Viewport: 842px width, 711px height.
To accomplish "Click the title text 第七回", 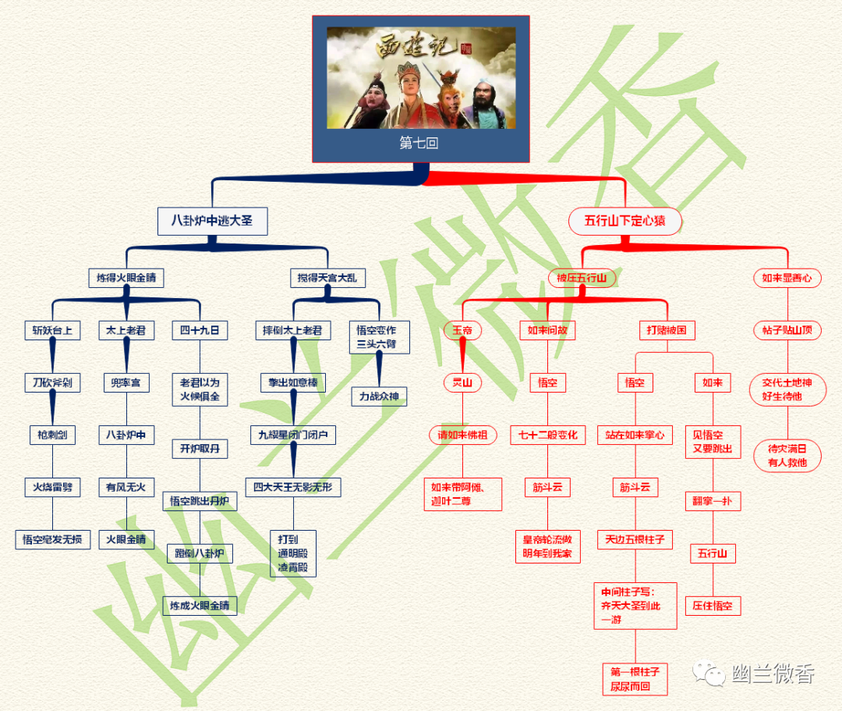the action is coord(419,144).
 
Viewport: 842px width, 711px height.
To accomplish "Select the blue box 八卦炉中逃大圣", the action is coord(212,221).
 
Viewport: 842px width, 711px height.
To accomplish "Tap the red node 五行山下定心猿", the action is coord(625,221).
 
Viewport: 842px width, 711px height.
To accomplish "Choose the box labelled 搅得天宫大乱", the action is coord(327,278).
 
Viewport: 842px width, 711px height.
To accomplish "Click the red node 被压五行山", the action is coord(582,278).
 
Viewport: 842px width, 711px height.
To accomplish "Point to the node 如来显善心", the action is coord(787,278).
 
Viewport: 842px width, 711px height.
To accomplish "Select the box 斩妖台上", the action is coord(52,331).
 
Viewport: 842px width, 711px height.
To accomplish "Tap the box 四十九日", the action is coord(200,331).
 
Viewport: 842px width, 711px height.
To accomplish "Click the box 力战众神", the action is coord(379,397).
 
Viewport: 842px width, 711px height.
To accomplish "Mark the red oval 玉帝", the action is coord(462,331).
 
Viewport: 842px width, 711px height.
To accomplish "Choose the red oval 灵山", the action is coord(462,382).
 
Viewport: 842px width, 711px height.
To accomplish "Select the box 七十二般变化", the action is coord(547,435).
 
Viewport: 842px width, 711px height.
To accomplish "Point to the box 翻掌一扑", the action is coord(712,501).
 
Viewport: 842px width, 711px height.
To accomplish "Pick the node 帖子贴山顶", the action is coord(787,331).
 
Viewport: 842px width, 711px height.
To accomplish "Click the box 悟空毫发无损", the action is coord(52,539).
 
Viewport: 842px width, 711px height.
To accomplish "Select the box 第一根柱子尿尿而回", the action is coord(635,679).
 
